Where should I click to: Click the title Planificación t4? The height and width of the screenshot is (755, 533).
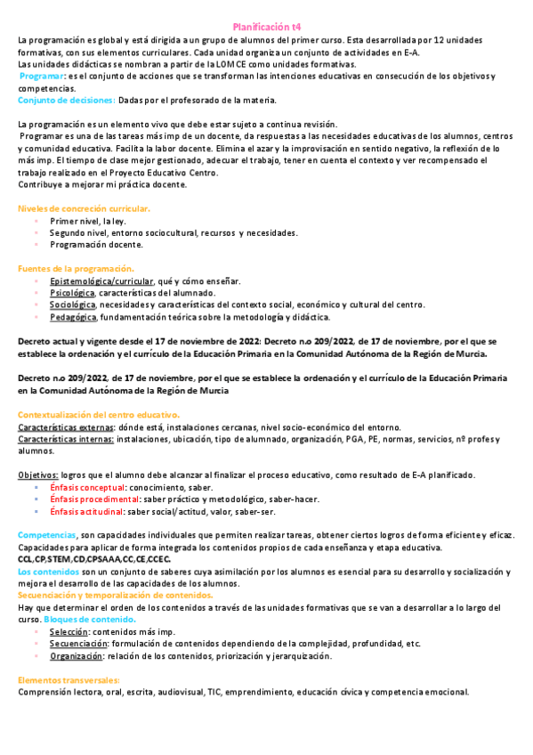(266, 28)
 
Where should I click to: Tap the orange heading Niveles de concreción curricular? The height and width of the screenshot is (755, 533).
(84, 208)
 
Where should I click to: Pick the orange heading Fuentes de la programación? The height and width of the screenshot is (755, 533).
(76, 269)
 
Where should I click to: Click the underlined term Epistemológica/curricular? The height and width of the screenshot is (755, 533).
(101, 281)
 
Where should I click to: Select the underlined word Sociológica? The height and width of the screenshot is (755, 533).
(73, 304)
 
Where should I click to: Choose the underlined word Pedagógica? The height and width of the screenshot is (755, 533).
(73, 317)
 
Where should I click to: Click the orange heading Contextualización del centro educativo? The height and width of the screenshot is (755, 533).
(99, 415)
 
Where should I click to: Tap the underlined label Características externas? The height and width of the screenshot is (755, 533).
(65, 427)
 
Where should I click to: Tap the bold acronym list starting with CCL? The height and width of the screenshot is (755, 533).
(93, 558)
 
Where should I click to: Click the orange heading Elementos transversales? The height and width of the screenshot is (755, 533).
(74, 679)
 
